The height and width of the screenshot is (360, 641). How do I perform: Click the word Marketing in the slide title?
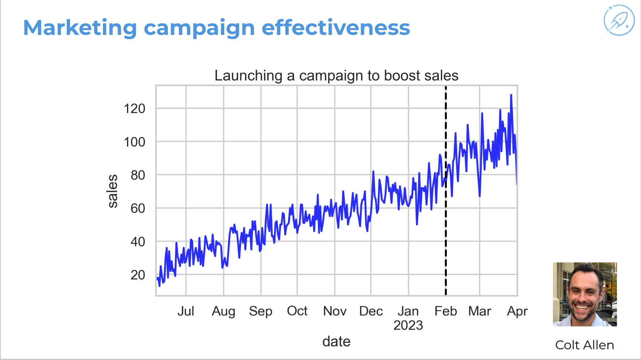(80, 28)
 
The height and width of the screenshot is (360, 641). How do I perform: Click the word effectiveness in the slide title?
(336, 27)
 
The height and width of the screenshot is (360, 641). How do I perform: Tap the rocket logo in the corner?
(619, 20)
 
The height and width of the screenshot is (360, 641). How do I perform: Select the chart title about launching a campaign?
(336, 75)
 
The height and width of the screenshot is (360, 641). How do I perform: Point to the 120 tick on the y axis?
(134, 109)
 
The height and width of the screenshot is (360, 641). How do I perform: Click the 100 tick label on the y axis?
(134, 142)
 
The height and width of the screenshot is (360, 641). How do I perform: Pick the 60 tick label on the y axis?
(138, 208)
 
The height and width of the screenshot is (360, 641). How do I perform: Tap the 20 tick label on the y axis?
(138, 275)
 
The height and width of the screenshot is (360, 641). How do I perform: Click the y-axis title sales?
(113, 191)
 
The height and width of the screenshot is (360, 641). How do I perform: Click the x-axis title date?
(336, 341)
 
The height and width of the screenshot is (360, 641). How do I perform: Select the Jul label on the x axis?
(186, 311)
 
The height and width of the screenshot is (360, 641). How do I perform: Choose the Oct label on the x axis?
(297, 311)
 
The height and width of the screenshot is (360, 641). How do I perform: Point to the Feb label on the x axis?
(446, 311)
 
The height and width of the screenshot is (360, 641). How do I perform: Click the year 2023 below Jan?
(408, 325)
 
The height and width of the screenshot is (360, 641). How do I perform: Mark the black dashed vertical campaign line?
(446, 190)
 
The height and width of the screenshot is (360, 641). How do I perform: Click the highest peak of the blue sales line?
(511, 95)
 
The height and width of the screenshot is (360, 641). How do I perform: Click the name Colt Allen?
(585, 345)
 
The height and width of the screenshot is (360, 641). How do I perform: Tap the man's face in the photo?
(584, 293)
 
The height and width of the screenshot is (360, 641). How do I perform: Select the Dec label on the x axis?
(371, 311)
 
